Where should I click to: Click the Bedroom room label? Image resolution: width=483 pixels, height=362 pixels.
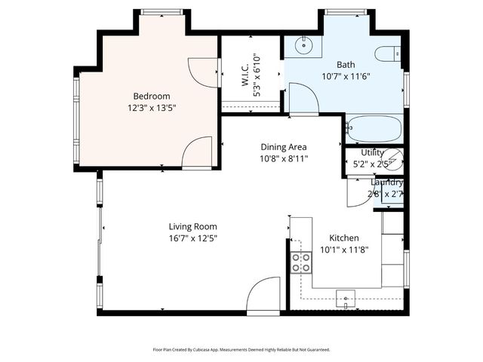(x=152, y=96)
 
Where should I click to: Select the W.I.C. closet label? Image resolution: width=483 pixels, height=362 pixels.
(x=246, y=70)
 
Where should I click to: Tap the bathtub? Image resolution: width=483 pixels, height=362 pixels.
(x=374, y=129)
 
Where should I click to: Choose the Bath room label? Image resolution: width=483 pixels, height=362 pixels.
(x=346, y=65)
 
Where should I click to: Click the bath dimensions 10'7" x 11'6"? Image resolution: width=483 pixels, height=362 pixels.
(x=346, y=76)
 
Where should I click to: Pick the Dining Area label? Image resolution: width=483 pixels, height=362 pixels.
(x=284, y=147)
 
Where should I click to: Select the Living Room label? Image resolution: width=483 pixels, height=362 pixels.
(x=193, y=226)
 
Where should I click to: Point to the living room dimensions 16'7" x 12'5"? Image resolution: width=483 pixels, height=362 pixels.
(x=193, y=238)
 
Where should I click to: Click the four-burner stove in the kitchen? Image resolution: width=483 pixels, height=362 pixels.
(x=302, y=262)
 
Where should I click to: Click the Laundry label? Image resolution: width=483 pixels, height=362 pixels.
(x=386, y=183)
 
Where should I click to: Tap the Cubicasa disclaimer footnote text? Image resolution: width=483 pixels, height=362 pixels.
(x=241, y=350)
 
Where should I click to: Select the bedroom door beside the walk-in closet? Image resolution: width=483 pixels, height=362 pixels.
(x=202, y=71)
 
